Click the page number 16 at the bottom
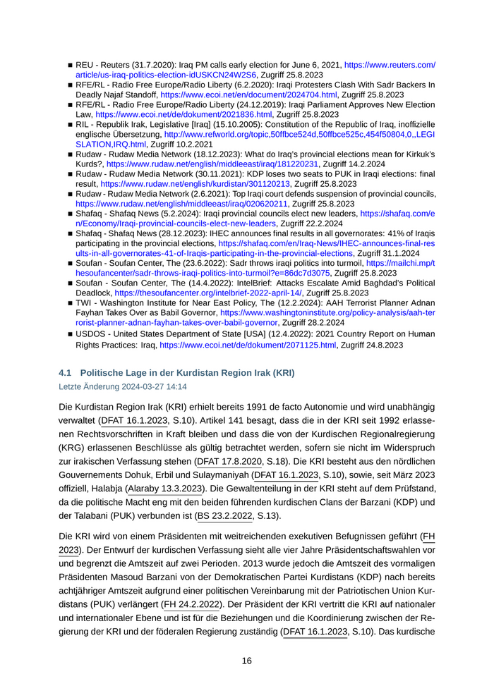pyautogui.click(x=247, y=661)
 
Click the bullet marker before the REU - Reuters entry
pyautogui.click(x=71, y=64)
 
